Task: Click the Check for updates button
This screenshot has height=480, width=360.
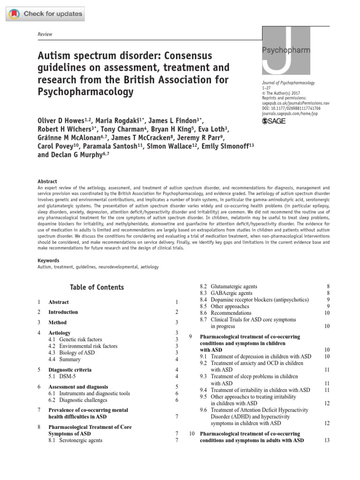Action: click(45, 14)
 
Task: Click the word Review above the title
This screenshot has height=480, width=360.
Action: click(45, 34)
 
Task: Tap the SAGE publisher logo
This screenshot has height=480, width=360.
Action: click(273, 121)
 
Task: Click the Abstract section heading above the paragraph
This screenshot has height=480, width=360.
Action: click(47, 181)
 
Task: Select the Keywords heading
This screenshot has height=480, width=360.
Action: click(49, 260)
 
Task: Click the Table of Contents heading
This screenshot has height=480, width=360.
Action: click(97, 287)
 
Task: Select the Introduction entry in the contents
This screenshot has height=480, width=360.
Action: click(63, 312)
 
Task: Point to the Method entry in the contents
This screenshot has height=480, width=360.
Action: click(58, 322)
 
